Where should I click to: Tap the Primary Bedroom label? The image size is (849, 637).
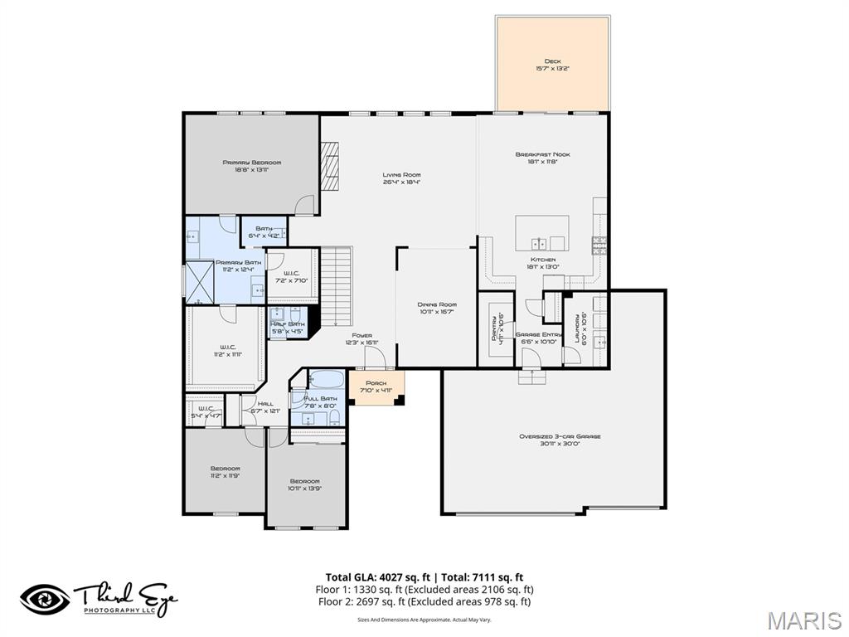pos(251,163)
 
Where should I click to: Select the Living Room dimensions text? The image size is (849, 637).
pos(401,182)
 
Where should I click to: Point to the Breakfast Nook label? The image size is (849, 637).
pos(542,154)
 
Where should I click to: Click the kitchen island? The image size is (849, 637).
pos(541,233)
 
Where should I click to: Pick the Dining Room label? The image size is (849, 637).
pos(436,304)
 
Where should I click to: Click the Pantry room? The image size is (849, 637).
pos(496,328)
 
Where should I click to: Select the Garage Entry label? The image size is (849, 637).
pos(539,334)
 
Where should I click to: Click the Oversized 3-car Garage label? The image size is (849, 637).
pos(560,436)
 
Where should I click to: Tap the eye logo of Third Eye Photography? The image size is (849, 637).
pos(45,599)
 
